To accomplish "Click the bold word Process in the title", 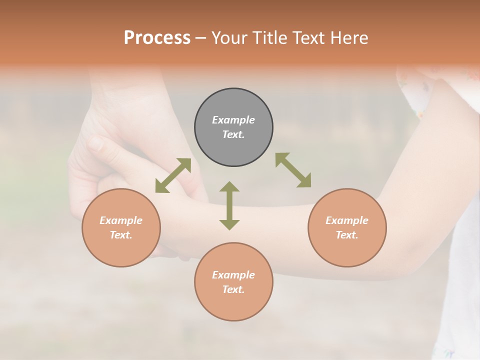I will tap(157, 38).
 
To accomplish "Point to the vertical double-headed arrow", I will tap(229, 205).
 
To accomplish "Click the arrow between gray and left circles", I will tap(173, 175).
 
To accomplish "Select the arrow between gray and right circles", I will tap(293, 170).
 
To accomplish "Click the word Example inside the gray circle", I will tap(233, 120).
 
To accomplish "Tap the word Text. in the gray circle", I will tap(233, 134).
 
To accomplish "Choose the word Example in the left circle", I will tap(121, 220).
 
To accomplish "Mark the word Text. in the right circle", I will tap(347, 235).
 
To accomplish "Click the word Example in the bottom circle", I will tap(233, 275).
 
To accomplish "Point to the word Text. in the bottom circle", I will tap(233, 289).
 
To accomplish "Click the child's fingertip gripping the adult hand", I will tap(95, 144).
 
